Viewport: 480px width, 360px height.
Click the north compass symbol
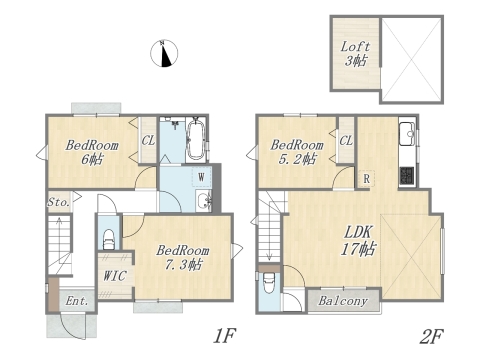coord(165,53)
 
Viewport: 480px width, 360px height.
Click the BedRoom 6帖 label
coord(92,151)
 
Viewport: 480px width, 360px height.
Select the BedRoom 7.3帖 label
coord(181,257)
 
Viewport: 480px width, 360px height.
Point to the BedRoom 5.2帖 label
coord(298,150)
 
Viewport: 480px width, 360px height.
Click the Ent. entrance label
coord(76,301)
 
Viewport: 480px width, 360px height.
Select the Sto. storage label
coord(58,202)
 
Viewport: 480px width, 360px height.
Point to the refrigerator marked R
coord(368,180)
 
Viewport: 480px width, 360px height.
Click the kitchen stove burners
coord(407,176)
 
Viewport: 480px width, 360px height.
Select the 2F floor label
coord(432,336)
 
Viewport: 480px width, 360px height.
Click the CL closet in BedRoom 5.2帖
coord(345,141)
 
